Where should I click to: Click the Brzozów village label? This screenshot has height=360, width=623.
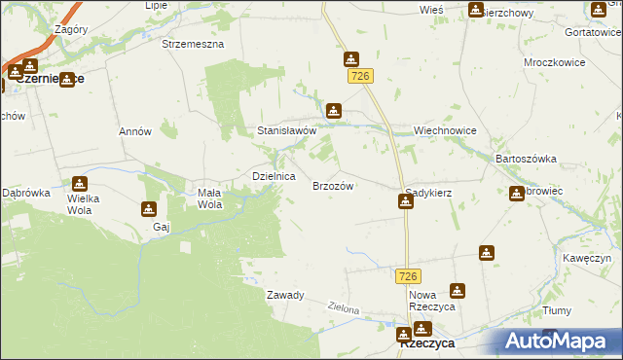click(x=331, y=186)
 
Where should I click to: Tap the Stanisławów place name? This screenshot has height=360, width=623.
click(x=287, y=129)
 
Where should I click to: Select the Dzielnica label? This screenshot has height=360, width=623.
click(x=274, y=177)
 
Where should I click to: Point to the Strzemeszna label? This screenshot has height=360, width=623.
click(x=193, y=45)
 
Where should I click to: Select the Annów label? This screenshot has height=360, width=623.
click(x=134, y=131)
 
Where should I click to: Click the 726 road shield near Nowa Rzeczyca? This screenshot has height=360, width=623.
click(x=408, y=277)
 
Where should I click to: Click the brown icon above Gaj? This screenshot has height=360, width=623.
click(x=148, y=208)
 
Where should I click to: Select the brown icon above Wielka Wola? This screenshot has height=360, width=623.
click(x=79, y=183)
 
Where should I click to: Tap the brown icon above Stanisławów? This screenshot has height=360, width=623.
click(x=335, y=111)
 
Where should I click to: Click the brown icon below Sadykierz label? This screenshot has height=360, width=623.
click(x=405, y=201)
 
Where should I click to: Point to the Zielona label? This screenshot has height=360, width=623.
click(x=344, y=309)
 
